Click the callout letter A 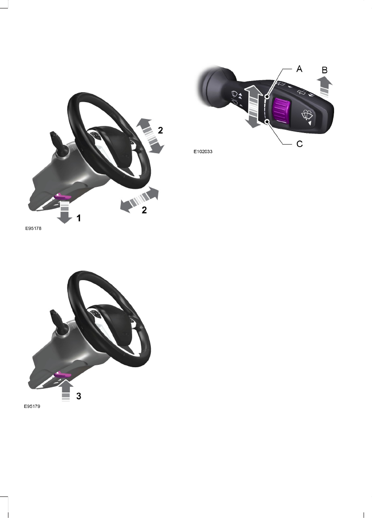[299, 69]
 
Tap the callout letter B [324, 70]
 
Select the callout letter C [300, 144]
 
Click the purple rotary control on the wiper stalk [281, 111]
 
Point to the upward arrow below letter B [324, 86]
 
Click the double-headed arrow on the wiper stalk [253, 106]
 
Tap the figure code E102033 [203, 152]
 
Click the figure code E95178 [33, 228]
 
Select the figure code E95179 [32, 407]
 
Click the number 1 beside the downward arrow [79, 218]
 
